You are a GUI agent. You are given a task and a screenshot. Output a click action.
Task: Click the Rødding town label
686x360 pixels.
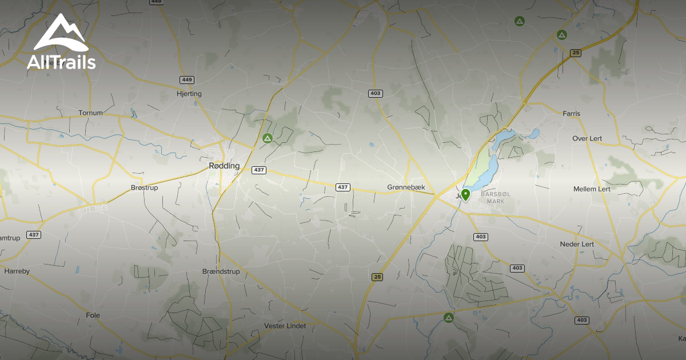[224, 166]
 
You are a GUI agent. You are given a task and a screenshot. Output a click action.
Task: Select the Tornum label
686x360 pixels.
[90, 113]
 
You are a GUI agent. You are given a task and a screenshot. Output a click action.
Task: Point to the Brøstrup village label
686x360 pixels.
[144, 187]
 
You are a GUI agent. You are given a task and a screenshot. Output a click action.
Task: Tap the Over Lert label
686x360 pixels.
[588, 139]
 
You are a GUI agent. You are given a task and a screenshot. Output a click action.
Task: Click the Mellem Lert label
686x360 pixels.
[592, 189]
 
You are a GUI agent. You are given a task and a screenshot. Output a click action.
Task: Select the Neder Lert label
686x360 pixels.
[577, 244]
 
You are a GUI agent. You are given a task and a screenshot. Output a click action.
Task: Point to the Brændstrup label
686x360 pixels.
[221, 271]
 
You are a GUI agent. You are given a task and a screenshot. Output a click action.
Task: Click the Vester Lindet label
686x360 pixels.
[285, 326]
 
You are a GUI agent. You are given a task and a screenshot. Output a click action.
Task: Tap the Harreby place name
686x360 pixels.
[17, 271]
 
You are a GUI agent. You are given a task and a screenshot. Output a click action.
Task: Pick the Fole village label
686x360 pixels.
[93, 315]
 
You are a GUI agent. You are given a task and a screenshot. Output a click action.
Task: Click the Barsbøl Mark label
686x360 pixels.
[495, 198]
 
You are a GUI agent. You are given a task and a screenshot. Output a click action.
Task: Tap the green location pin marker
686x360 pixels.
[466, 195]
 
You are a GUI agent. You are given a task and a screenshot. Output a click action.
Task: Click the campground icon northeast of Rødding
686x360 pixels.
[267, 138]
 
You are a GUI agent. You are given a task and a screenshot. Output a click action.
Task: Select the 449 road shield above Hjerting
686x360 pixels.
[186, 79]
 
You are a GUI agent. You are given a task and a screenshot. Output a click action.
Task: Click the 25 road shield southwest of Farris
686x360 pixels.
[576, 53]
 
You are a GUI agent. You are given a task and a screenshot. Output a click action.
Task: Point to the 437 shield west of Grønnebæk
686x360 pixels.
[342, 187]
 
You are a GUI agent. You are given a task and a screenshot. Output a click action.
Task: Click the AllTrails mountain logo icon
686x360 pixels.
[60, 34]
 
